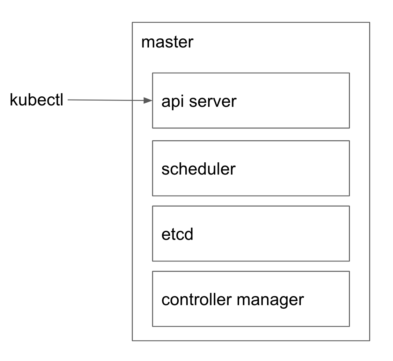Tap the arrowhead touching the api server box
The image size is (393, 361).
coord(149,101)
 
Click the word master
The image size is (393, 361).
coord(167,43)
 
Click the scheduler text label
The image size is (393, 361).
coord(198,169)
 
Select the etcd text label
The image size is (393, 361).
coord(177,234)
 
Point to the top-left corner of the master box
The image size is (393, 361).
coord(132,23)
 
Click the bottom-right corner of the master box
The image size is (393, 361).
coord(370,340)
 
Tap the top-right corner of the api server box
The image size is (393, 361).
coord(349,73)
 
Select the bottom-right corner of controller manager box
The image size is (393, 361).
coord(349,326)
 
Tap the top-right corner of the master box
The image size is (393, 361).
coord(370,23)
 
